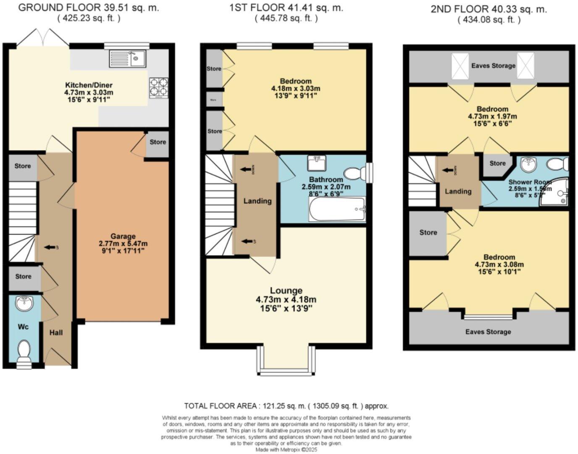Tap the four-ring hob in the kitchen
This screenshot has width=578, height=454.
tap(158, 88)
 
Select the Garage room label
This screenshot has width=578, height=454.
tap(123, 236)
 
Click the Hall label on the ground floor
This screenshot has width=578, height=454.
tap(56, 333)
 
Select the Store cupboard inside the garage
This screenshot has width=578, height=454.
tap(158, 142)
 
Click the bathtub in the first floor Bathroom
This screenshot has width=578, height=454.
tap(337, 209)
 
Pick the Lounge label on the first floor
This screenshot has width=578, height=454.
tap(286, 290)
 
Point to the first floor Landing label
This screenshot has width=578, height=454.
tap(257, 201)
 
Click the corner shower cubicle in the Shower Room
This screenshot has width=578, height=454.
tap(555, 194)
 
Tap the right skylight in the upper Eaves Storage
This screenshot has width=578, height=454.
tap(525, 66)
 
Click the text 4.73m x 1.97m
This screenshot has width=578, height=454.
tap(492, 116)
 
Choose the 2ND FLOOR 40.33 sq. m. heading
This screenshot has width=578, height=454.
tap(489, 9)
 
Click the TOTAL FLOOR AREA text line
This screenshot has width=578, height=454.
tap(286, 406)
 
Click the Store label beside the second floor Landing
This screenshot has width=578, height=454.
tap(497, 163)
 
